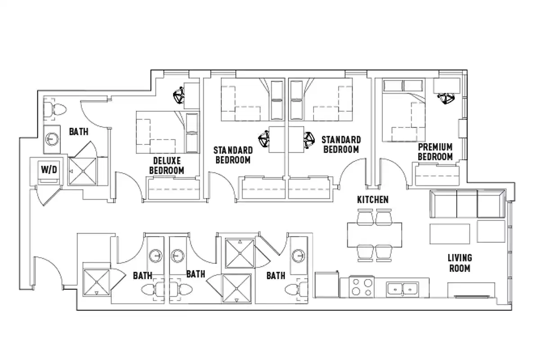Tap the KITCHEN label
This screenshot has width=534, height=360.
(x=372, y=199)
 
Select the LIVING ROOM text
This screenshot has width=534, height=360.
(x=459, y=263)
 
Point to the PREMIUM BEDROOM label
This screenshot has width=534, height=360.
(x=435, y=152)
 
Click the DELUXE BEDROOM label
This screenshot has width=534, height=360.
(x=166, y=165)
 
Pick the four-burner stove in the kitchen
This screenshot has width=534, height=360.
(x=362, y=287)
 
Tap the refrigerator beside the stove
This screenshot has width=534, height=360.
(x=327, y=285)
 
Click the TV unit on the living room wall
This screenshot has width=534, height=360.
(x=471, y=290)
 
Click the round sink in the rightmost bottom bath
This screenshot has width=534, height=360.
(x=297, y=256)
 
